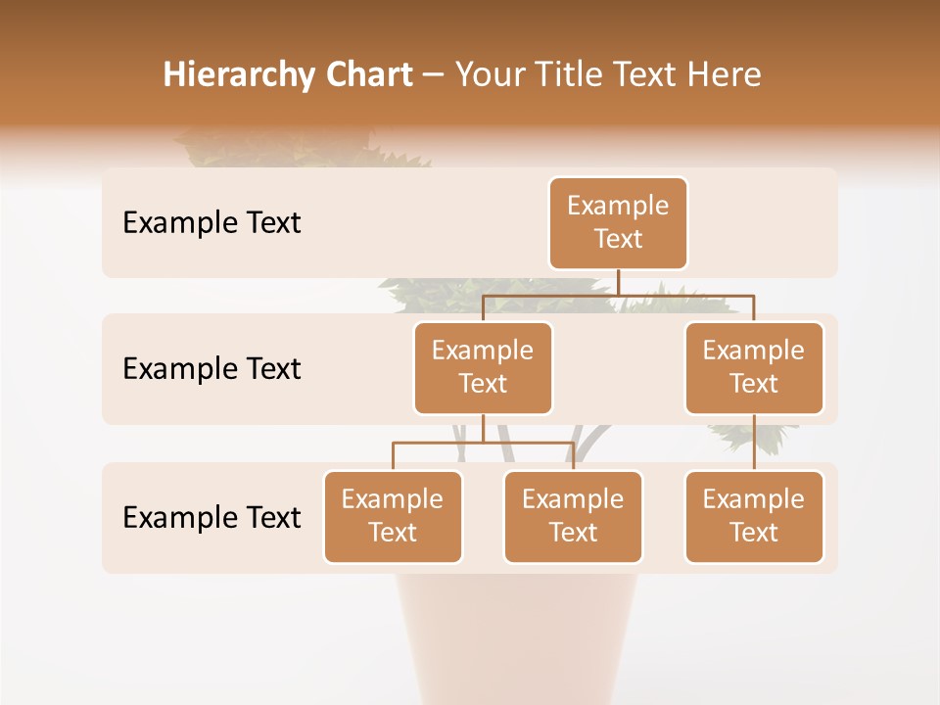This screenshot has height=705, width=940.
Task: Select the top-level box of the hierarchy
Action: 618,223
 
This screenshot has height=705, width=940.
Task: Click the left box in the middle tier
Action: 483,368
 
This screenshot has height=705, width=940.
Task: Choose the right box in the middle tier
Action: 754,368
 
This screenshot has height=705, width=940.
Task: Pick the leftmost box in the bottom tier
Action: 393,517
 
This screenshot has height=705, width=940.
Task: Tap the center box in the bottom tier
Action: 573,517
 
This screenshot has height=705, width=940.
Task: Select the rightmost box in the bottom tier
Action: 754,517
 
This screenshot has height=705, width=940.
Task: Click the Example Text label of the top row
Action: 211,223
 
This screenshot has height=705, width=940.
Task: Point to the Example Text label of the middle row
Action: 211,369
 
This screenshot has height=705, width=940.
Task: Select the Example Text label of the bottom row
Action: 211,517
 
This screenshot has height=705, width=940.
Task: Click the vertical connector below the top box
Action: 618,282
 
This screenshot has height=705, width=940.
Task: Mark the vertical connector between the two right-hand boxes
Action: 754,443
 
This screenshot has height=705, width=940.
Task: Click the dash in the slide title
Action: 434,75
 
